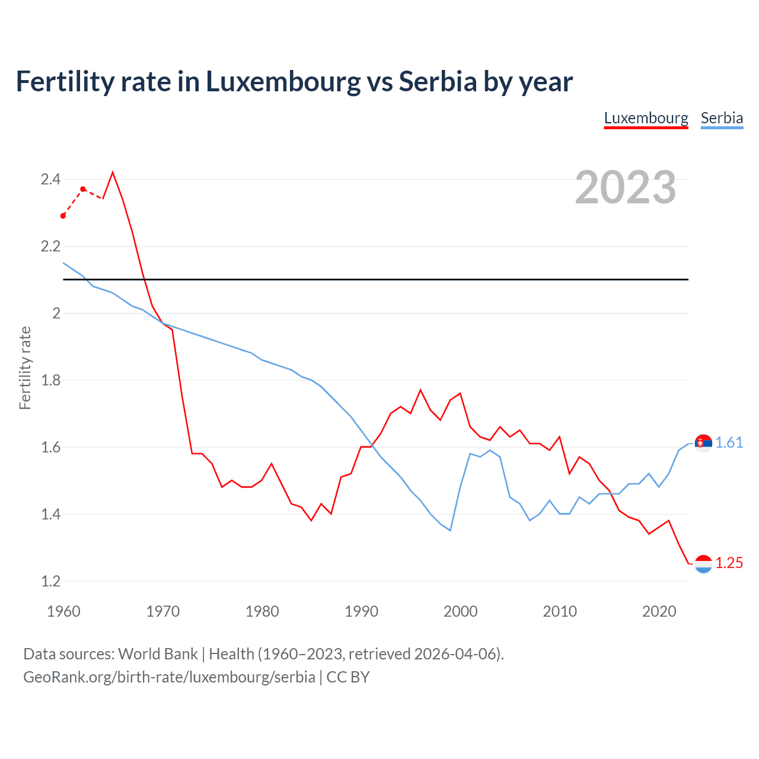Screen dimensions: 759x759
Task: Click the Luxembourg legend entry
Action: click(x=646, y=118)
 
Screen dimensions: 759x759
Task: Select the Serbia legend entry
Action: click(x=722, y=118)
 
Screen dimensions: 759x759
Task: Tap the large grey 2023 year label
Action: click(x=626, y=187)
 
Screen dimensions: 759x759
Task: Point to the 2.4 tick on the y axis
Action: click(x=50, y=179)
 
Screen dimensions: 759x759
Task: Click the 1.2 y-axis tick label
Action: click(x=50, y=581)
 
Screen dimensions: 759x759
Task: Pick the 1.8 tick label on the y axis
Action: click(x=50, y=380)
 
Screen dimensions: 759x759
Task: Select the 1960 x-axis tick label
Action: click(x=63, y=611)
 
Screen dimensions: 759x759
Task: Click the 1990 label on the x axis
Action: click(x=361, y=611)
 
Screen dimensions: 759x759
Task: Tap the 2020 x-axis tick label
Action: click(x=659, y=611)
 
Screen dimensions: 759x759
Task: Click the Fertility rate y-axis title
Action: click(x=25, y=368)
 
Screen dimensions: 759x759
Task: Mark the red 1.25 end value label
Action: click(x=729, y=563)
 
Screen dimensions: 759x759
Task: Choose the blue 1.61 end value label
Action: click(x=729, y=442)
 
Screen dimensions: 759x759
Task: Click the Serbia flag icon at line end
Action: click(x=703, y=443)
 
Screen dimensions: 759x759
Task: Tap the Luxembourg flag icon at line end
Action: click(x=703, y=564)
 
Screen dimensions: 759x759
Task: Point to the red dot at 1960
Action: click(x=63, y=216)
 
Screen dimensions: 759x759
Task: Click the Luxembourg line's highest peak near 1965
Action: click(x=113, y=173)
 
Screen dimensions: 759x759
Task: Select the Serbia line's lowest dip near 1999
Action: click(x=450, y=530)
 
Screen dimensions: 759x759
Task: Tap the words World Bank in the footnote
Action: click(x=158, y=654)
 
